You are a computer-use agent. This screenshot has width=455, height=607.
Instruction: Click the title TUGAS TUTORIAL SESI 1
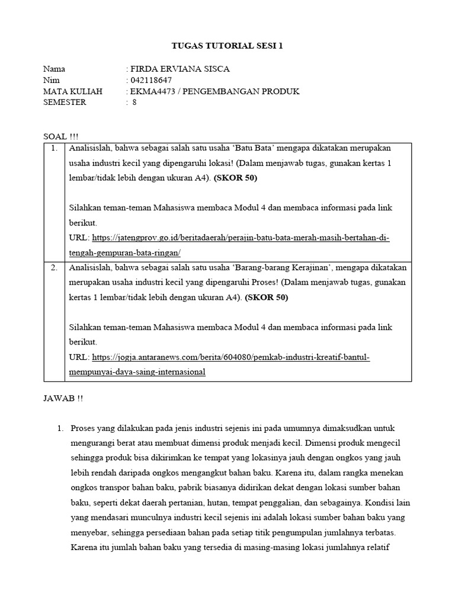[227, 46]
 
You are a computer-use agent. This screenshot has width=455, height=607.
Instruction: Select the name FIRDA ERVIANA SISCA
[179, 69]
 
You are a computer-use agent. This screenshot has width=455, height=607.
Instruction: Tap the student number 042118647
[150, 80]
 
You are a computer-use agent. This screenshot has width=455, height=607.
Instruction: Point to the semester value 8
[134, 102]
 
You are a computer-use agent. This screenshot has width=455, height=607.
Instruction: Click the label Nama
[55, 69]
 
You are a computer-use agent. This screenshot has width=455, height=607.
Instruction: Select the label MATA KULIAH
[73, 91]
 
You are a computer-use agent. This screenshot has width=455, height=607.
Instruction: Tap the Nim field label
[52, 80]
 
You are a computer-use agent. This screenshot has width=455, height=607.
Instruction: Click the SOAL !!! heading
[60, 136]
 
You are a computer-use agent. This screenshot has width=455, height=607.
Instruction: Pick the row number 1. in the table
[54, 148]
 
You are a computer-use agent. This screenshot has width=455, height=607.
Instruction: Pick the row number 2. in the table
[54, 267]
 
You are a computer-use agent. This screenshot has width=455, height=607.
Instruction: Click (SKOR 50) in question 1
[235, 178]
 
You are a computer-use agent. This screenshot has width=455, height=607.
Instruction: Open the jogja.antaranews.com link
[231, 357]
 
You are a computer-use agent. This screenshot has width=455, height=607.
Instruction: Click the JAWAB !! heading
[63, 398]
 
